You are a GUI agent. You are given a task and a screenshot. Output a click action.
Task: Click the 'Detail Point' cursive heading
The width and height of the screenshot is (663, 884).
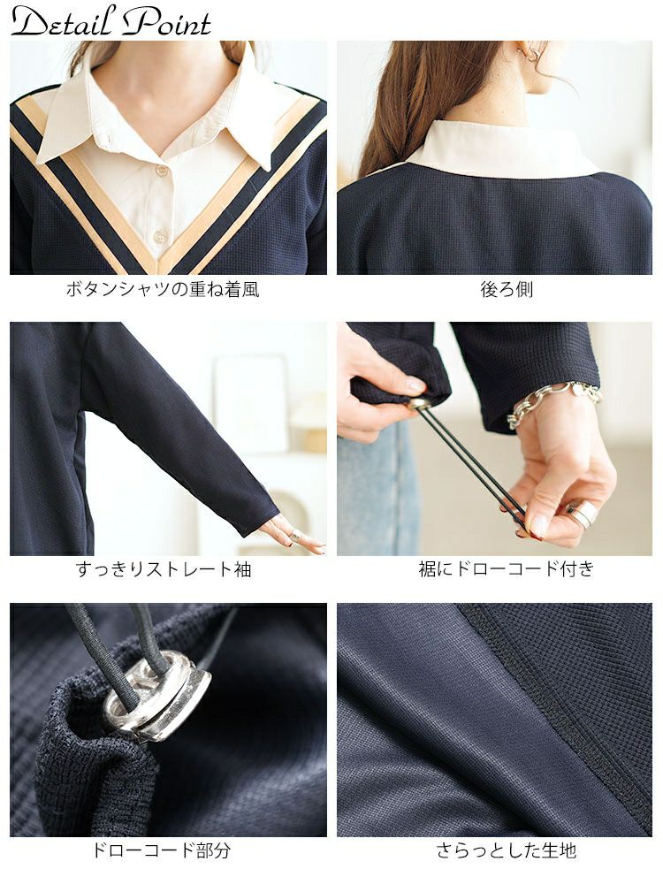point(110,21)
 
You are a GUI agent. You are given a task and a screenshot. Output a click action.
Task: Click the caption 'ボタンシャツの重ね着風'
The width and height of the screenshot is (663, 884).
point(163,290)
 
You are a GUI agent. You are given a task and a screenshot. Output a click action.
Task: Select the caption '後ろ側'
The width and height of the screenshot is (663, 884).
point(507,289)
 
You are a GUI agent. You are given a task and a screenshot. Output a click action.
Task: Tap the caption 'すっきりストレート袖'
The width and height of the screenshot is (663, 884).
point(164,569)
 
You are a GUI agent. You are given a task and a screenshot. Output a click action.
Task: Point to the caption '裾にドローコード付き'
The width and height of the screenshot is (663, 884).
point(507,568)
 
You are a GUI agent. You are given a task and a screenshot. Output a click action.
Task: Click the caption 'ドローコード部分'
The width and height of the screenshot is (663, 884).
point(162,850)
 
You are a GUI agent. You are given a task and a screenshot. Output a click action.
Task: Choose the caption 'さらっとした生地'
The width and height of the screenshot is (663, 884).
point(507,850)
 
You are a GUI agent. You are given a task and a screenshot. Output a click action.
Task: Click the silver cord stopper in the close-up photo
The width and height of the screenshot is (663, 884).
point(156,699)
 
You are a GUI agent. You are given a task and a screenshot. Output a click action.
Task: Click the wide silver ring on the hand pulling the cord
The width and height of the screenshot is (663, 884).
point(582,513)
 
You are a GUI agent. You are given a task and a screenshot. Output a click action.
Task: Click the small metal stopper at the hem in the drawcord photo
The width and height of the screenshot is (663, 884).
point(418,404)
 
